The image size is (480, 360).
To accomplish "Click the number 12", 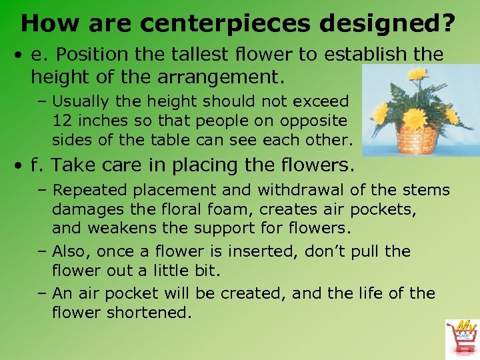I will pyautogui.click(x=62, y=121).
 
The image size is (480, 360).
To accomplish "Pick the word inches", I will pyautogui.click(x=103, y=121).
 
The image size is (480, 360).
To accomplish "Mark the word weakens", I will pyautogui.click(x=113, y=227).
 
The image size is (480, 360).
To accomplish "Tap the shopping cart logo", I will pyautogui.click(x=461, y=337).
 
